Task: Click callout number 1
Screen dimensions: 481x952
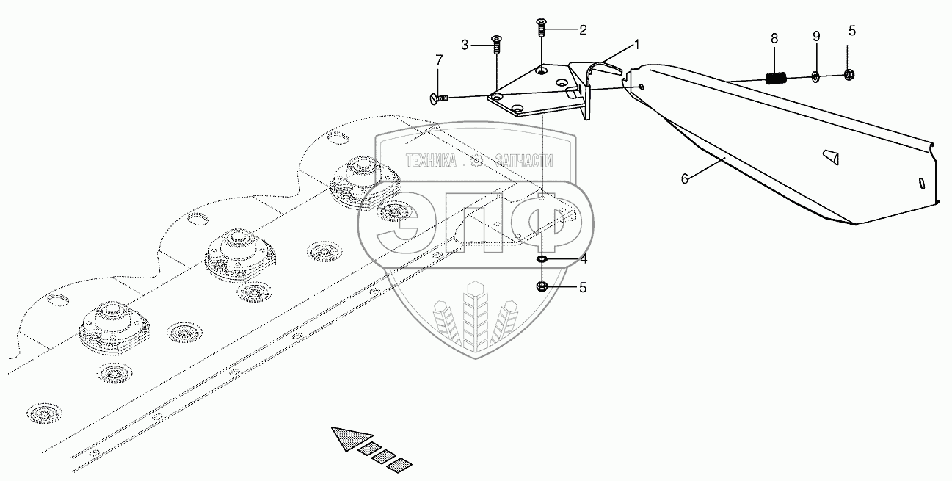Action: [x=636, y=45]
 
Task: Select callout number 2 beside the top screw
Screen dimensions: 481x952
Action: [x=583, y=30]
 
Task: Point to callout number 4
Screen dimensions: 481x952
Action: [x=584, y=259]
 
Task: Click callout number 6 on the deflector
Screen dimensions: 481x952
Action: [x=685, y=178]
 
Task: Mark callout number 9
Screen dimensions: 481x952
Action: [x=815, y=37]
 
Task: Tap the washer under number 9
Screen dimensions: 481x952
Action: [x=816, y=76]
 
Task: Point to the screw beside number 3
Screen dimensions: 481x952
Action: [x=496, y=45]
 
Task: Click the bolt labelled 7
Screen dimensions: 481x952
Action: [x=435, y=97]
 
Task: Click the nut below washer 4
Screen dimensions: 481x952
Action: [x=542, y=286]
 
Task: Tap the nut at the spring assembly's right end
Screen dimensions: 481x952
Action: [x=850, y=74]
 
